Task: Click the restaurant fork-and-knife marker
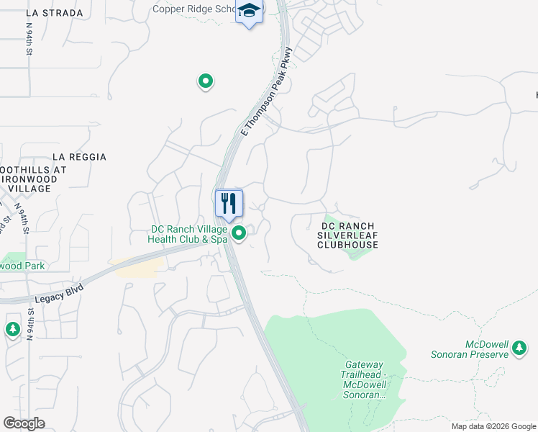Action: [229, 202]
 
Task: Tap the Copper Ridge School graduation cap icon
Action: [250, 12]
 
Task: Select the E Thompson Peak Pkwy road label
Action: [268, 91]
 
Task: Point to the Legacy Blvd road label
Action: [59, 294]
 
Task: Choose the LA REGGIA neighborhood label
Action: [79, 157]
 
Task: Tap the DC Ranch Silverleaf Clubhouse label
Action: [348, 235]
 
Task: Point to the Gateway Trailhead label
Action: [364, 380]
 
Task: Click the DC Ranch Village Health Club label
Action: [188, 234]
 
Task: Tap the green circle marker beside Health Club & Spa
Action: [240, 233]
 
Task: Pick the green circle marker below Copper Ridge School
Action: [206, 81]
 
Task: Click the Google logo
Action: [24, 423]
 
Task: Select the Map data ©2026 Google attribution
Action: [493, 426]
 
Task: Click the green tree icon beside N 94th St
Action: [12, 329]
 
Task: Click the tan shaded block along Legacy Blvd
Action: [137, 267]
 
